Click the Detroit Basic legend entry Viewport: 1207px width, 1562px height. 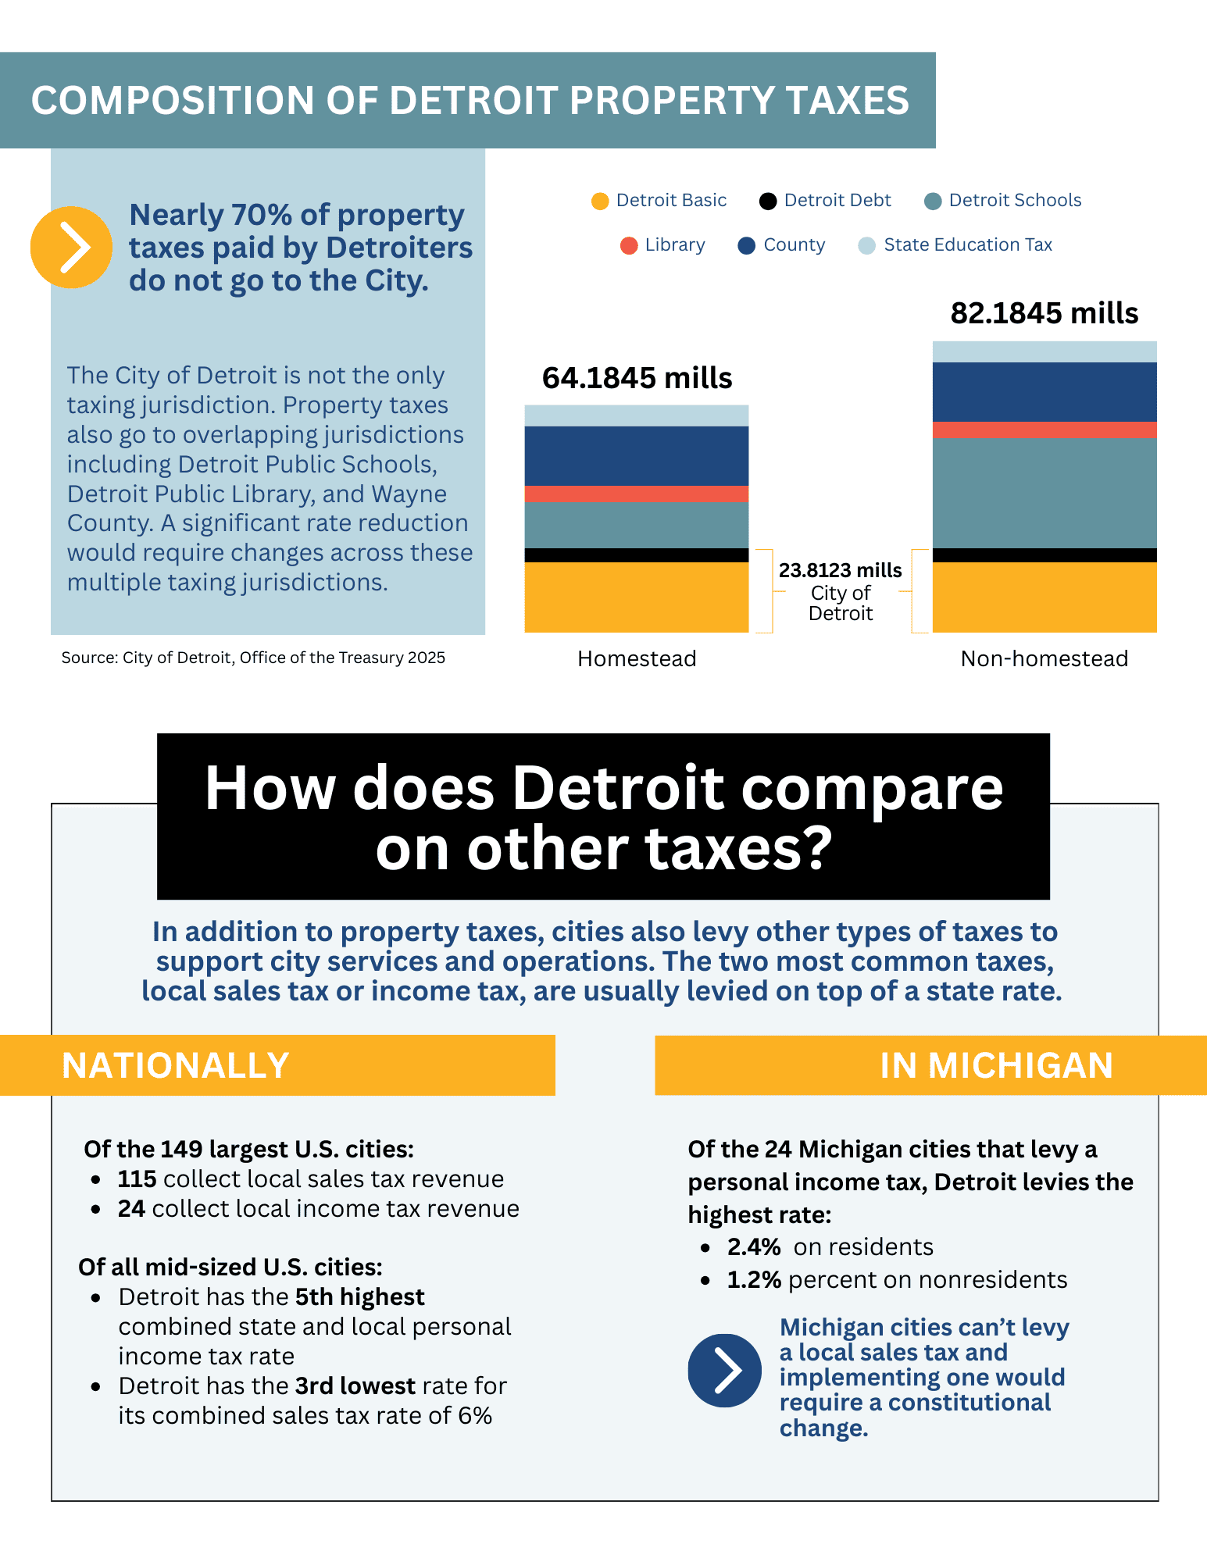pyautogui.click(x=660, y=201)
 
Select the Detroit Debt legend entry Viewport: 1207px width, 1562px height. pyautogui.click(x=826, y=201)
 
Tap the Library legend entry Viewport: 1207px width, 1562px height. pyautogui.click(x=663, y=245)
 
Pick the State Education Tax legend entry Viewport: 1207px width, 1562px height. pyautogui.click(x=955, y=245)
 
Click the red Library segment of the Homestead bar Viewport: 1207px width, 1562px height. pyautogui.click(x=637, y=494)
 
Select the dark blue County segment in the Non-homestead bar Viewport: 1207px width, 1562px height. pyautogui.click(x=1045, y=392)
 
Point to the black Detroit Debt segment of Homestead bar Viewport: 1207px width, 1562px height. pyautogui.click(x=637, y=555)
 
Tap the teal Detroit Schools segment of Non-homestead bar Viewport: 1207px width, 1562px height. pyautogui.click(x=1045, y=494)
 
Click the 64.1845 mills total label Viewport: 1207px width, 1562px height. pyautogui.click(x=637, y=379)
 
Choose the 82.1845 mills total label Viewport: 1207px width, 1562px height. pyautogui.click(x=1045, y=314)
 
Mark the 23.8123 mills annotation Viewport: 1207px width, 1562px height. pyautogui.click(x=841, y=571)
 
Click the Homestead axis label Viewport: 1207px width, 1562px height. pyautogui.click(x=637, y=659)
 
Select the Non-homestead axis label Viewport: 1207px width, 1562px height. pyautogui.click(x=1045, y=659)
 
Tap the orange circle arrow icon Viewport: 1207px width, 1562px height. pyautogui.click(x=71, y=248)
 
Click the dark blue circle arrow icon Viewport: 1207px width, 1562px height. pyautogui.click(x=724, y=1371)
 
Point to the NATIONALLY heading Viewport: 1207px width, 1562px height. pyautogui.click(x=176, y=1066)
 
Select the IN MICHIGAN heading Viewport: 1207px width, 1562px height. pyautogui.click(x=996, y=1066)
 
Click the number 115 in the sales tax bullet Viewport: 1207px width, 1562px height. pyautogui.click(x=137, y=1179)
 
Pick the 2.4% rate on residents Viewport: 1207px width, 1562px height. pyautogui.click(x=754, y=1247)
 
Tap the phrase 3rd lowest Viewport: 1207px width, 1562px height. pyautogui.click(x=355, y=1386)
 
